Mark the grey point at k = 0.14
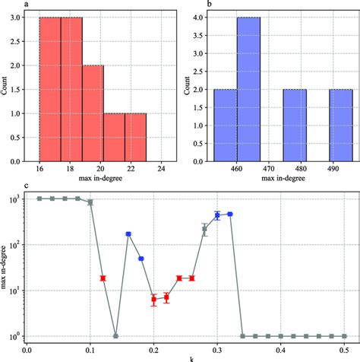pos(115,335)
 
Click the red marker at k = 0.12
pos(103,278)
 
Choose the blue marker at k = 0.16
pos(128,234)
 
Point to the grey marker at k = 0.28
pos(204,229)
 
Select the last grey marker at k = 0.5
pos(344,335)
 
